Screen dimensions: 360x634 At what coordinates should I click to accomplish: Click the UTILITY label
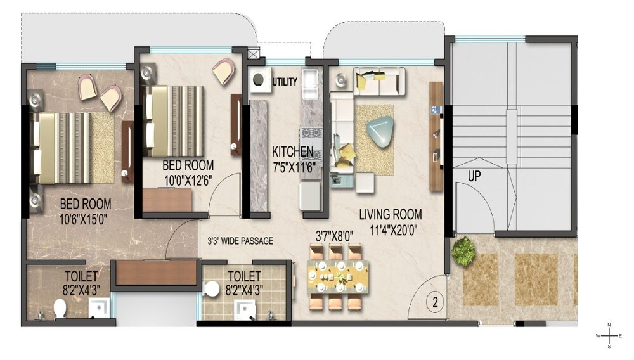click(285, 82)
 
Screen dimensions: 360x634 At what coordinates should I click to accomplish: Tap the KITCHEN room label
click(292, 152)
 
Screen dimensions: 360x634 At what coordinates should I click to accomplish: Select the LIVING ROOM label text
click(390, 214)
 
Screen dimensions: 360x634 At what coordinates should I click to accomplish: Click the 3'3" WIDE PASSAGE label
click(240, 241)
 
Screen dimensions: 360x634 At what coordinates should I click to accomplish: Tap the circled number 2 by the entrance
click(434, 301)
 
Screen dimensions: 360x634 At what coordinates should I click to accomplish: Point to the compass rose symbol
click(609, 335)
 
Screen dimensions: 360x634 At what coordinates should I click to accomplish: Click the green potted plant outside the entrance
click(463, 252)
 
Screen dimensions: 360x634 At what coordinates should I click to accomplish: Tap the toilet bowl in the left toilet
click(60, 309)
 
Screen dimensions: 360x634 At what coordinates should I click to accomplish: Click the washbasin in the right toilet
click(243, 309)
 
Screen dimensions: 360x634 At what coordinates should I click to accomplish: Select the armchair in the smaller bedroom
click(222, 71)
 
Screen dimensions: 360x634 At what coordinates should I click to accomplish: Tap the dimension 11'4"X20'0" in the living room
click(390, 228)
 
